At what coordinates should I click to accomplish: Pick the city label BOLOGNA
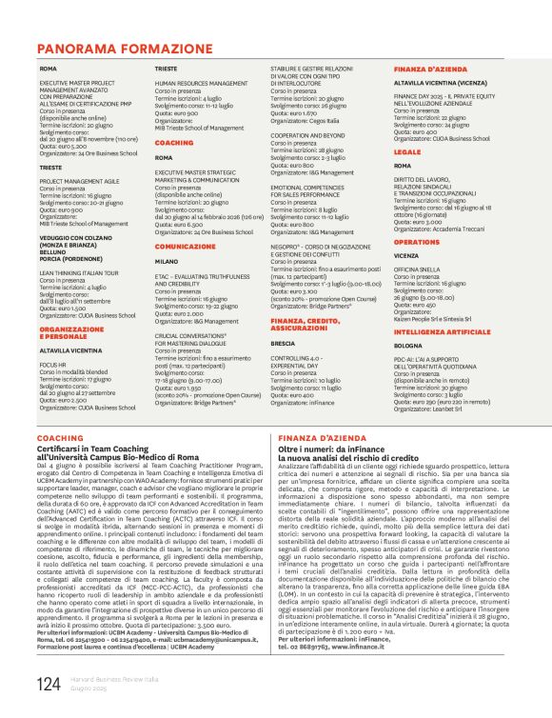(x=409, y=346)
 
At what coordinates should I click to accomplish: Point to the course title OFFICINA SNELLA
(x=420, y=270)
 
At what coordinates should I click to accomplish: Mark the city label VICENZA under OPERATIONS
(x=406, y=256)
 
